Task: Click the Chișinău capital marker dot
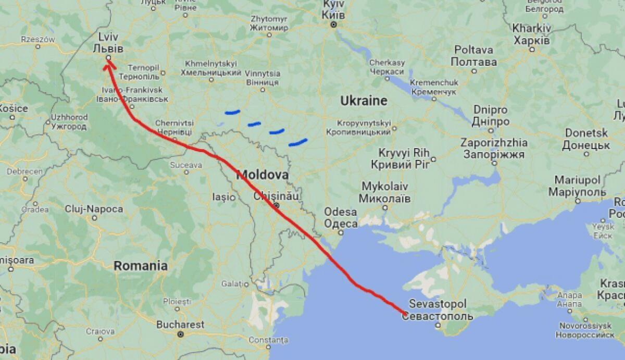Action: tap(277, 205)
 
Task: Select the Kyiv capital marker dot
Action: tap(334, 24)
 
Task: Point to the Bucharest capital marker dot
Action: tap(180, 334)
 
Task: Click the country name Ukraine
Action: tap(364, 101)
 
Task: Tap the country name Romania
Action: tap(141, 266)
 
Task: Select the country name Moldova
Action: tap(262, 175)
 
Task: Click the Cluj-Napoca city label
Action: tap(94, 209)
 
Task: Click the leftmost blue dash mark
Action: tap(232, 111)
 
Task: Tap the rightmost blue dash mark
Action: tap(297, 141)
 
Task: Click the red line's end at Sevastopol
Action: tap(405, 314)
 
